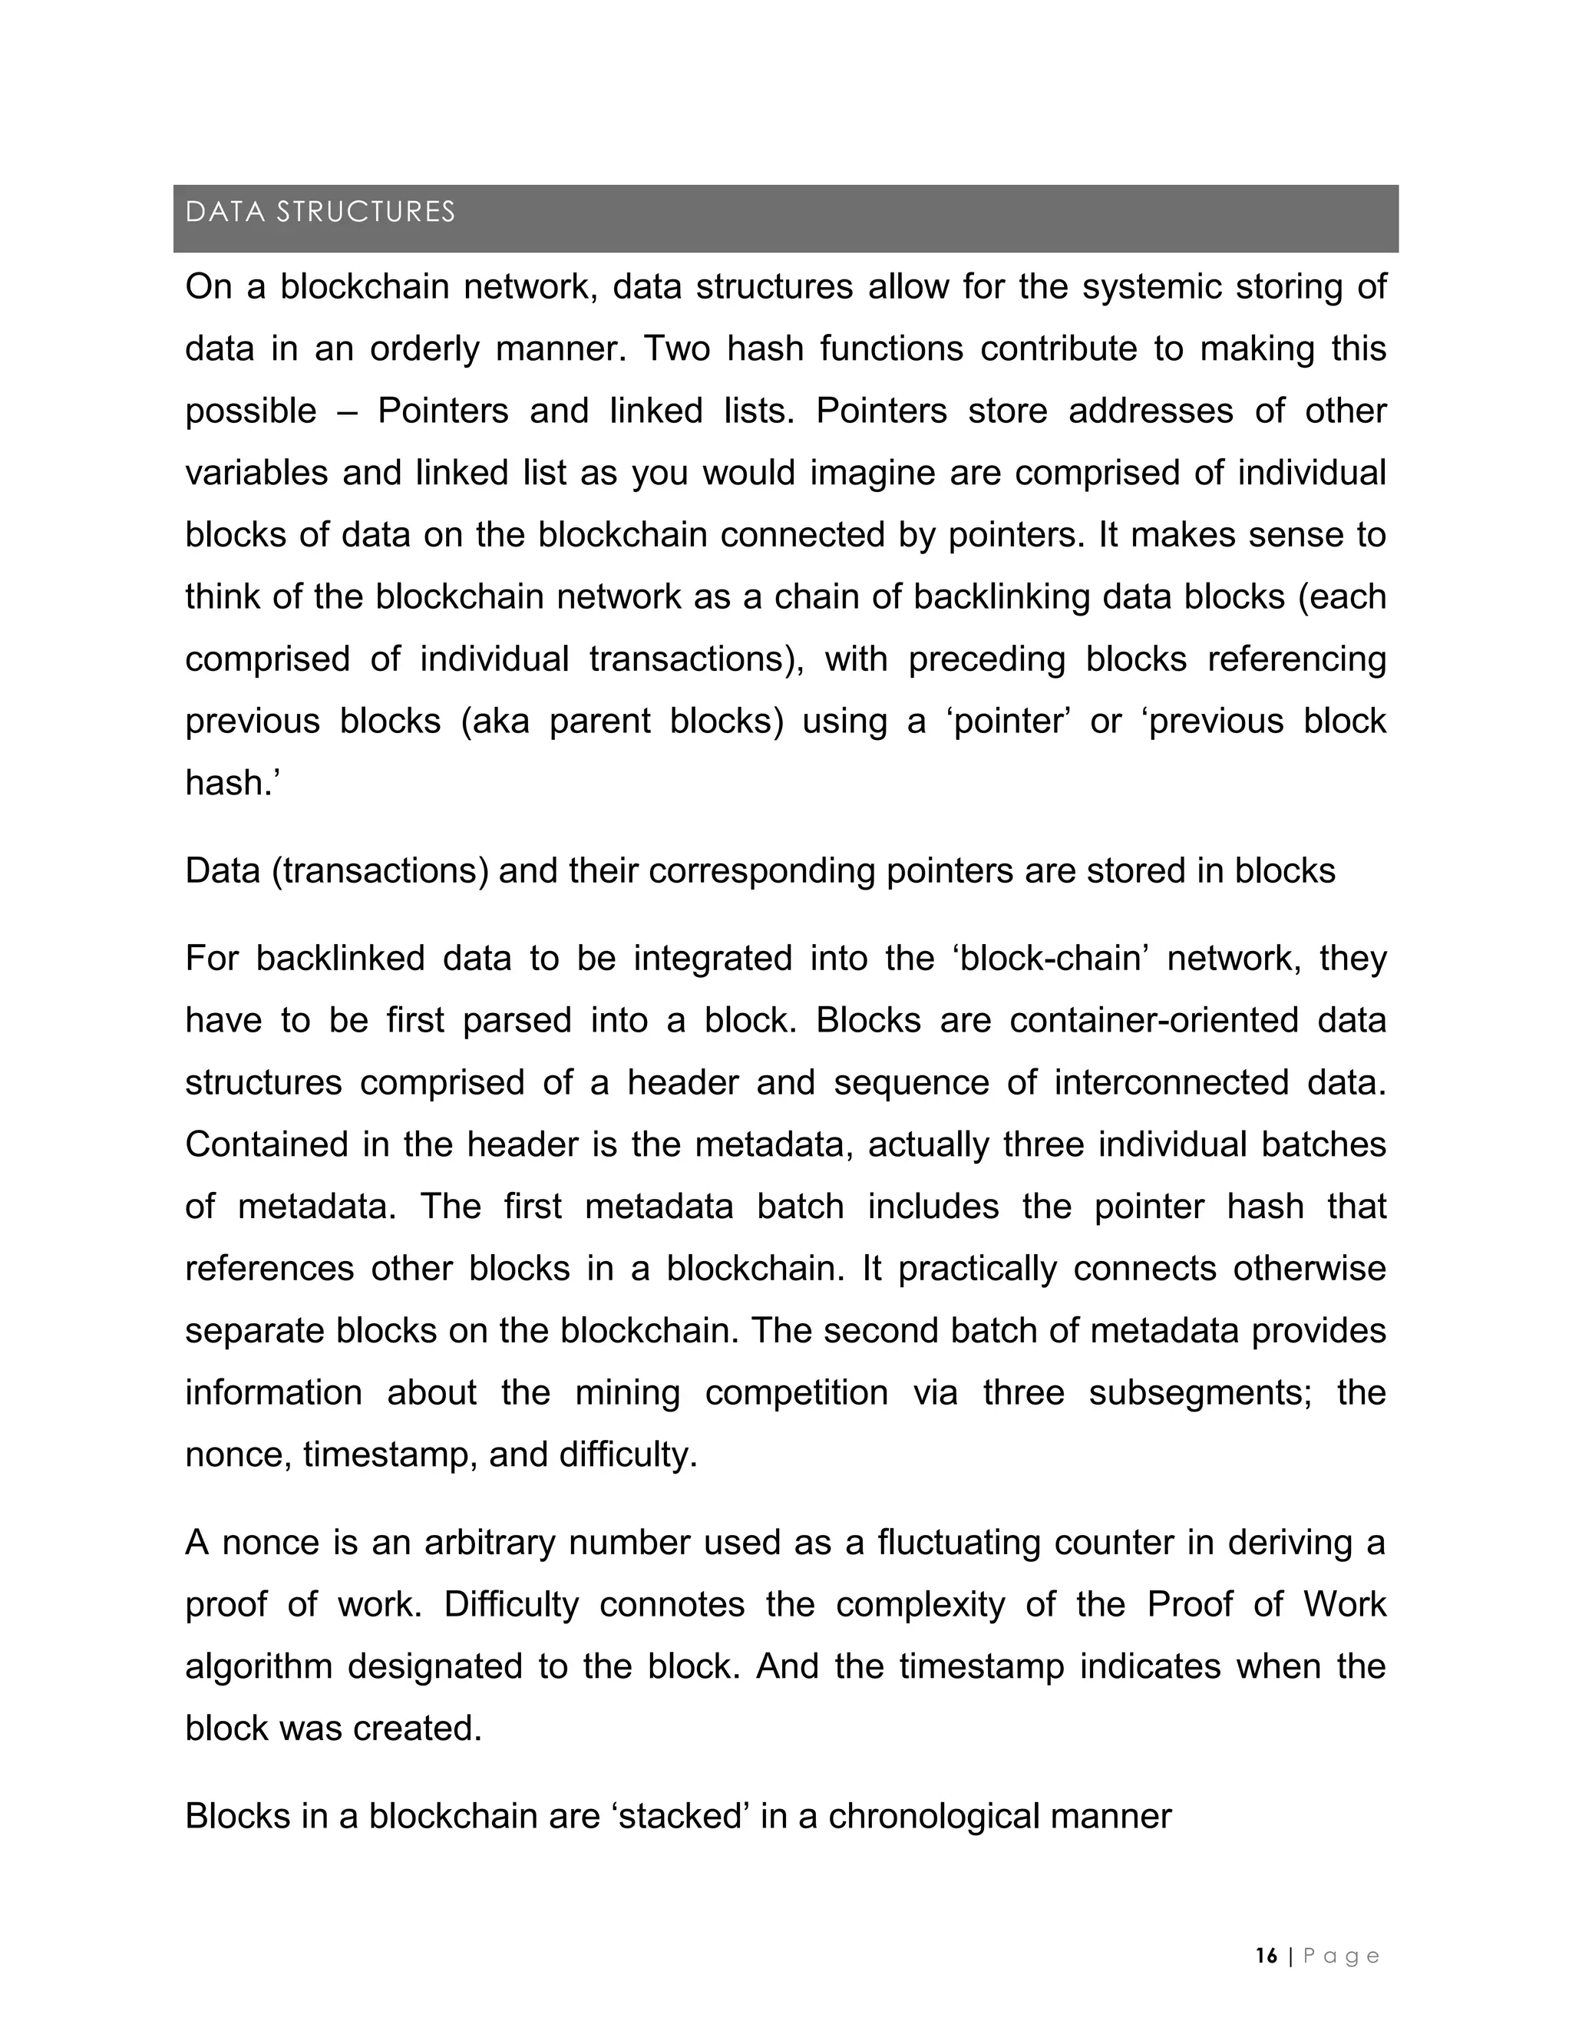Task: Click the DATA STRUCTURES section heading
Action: pyautogui.click(x=319, y=213)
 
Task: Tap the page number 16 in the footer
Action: pyautogui.click(x=1267, y=1956)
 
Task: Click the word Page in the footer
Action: pyautogui.click(x=1340, y=1956)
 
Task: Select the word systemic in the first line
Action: pyautogui.click(x=1151, y=287)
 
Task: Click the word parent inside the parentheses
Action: pyautogui.click(x=599, y=721)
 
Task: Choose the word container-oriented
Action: pyautogui.click(x=1153, y=1021)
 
